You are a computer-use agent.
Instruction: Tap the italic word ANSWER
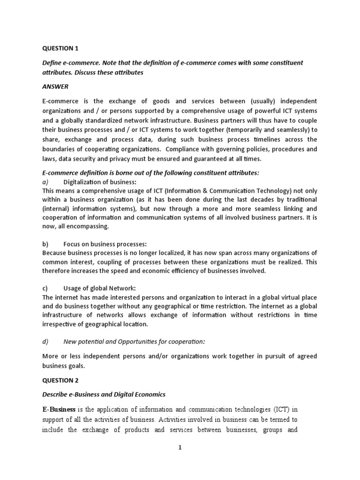tap(55, 87)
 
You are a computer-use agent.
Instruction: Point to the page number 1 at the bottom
tap(180, 448)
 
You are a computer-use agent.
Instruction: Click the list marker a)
tap(45, 182)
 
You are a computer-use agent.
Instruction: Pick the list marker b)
tap(45, 244)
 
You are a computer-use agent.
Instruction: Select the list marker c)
tap(45, 288)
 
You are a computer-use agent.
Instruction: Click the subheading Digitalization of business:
tap(100, 182)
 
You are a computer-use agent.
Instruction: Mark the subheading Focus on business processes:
tap(105, 244)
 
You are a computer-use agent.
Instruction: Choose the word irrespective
tap(59, 324)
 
